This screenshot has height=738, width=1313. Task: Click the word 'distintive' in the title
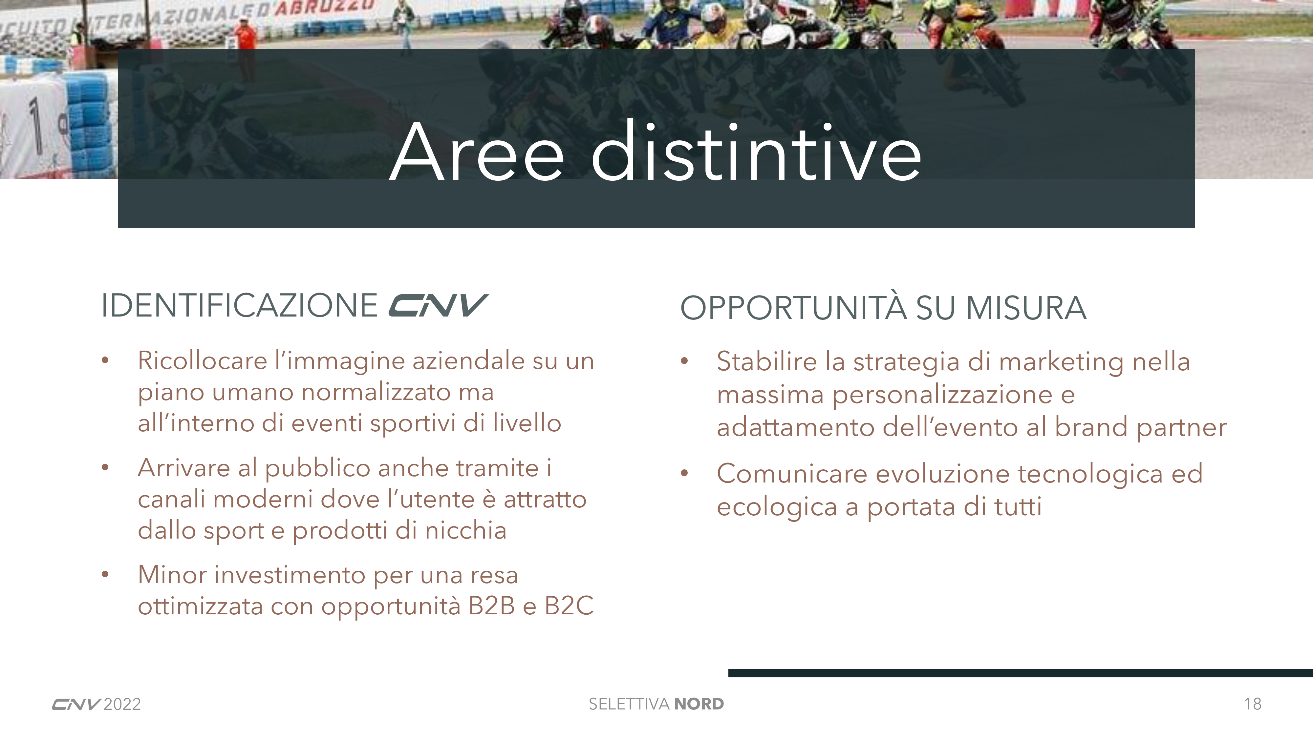pyautogui.click(x=756, y=151)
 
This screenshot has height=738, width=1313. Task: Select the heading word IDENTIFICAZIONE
pyautogui.click(x=239, y=306)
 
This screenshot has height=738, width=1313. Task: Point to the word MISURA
pyautogui.click(x=1026, y=308)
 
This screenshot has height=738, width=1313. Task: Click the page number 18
pyautogui.click(x=1252, y=704)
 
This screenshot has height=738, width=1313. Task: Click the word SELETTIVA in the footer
pyautogui.click(x=629, y=704)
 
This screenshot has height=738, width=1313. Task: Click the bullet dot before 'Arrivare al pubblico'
pyautogui.click(x=105, y=467)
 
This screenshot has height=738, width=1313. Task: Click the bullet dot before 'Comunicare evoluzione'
pyautogui.click(x=684, y=473)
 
